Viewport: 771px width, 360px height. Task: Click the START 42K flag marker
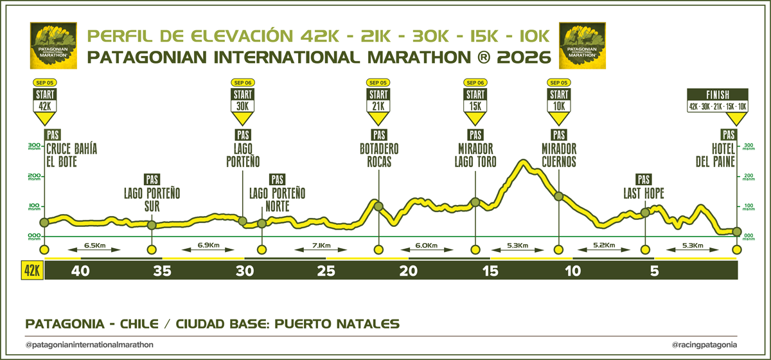(x=44, y=104)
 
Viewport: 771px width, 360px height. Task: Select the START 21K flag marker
(x=378, y=104)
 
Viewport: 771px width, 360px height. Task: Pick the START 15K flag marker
(x=475, y=104)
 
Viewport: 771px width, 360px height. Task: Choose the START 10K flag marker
(x=558, y=104)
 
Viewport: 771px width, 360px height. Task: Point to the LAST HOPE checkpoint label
(x=644, y=193)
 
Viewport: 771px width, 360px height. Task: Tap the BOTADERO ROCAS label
(x=378, y=156)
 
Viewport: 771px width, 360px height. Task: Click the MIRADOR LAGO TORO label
(x=475, y=156)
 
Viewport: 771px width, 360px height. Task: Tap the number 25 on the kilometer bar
(x=327, y=271)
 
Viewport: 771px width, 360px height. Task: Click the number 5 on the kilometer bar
(x=655, y=271)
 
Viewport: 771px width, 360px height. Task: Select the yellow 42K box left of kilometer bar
(x=31, y=271)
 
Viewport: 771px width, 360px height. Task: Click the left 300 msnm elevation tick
(x=33, y=148)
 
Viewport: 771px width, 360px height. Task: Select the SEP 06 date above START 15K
(x=475, y=83)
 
